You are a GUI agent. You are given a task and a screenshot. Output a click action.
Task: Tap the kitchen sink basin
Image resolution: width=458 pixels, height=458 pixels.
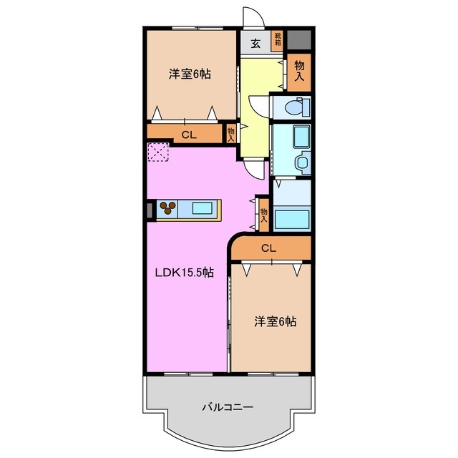click(202, 208)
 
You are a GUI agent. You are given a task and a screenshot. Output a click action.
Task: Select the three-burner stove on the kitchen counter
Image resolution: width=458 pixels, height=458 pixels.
click(167, 208)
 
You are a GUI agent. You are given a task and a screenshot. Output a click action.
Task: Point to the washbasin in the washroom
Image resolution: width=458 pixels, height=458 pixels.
click(303, 161)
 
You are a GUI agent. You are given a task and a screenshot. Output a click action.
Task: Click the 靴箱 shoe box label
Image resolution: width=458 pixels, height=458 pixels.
click(278, 40)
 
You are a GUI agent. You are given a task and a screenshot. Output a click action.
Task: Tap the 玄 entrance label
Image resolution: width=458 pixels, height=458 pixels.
click(255, 44)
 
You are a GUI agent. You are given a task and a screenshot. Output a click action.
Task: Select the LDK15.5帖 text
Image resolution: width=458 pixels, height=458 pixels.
click(184, 273)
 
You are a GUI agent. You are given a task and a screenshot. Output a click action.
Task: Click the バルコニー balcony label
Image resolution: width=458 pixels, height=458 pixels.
click(228, 407)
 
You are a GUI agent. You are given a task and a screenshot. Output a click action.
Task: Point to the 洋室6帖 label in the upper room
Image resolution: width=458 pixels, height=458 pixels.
click(190, 74)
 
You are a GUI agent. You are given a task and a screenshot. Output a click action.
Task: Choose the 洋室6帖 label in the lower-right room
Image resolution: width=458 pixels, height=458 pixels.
click(275, 321)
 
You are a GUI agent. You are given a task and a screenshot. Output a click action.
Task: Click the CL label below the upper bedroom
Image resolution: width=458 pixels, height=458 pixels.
click(189, 135)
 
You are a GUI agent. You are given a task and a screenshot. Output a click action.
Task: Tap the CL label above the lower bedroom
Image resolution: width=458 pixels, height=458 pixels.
click(269, 248)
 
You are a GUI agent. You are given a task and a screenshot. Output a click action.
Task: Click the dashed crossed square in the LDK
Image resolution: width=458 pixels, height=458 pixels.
click(158, 152)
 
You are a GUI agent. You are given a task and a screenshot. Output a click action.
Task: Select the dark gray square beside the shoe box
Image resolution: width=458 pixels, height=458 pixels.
click(299, 40)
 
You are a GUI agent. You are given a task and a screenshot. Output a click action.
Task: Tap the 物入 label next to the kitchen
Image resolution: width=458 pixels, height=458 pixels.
click(264, 215)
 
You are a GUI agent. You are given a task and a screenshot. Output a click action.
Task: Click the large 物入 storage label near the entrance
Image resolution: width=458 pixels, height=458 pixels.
click(299, 71)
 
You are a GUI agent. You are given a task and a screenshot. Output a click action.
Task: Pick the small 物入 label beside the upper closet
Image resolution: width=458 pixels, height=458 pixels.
click(230, 135)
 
